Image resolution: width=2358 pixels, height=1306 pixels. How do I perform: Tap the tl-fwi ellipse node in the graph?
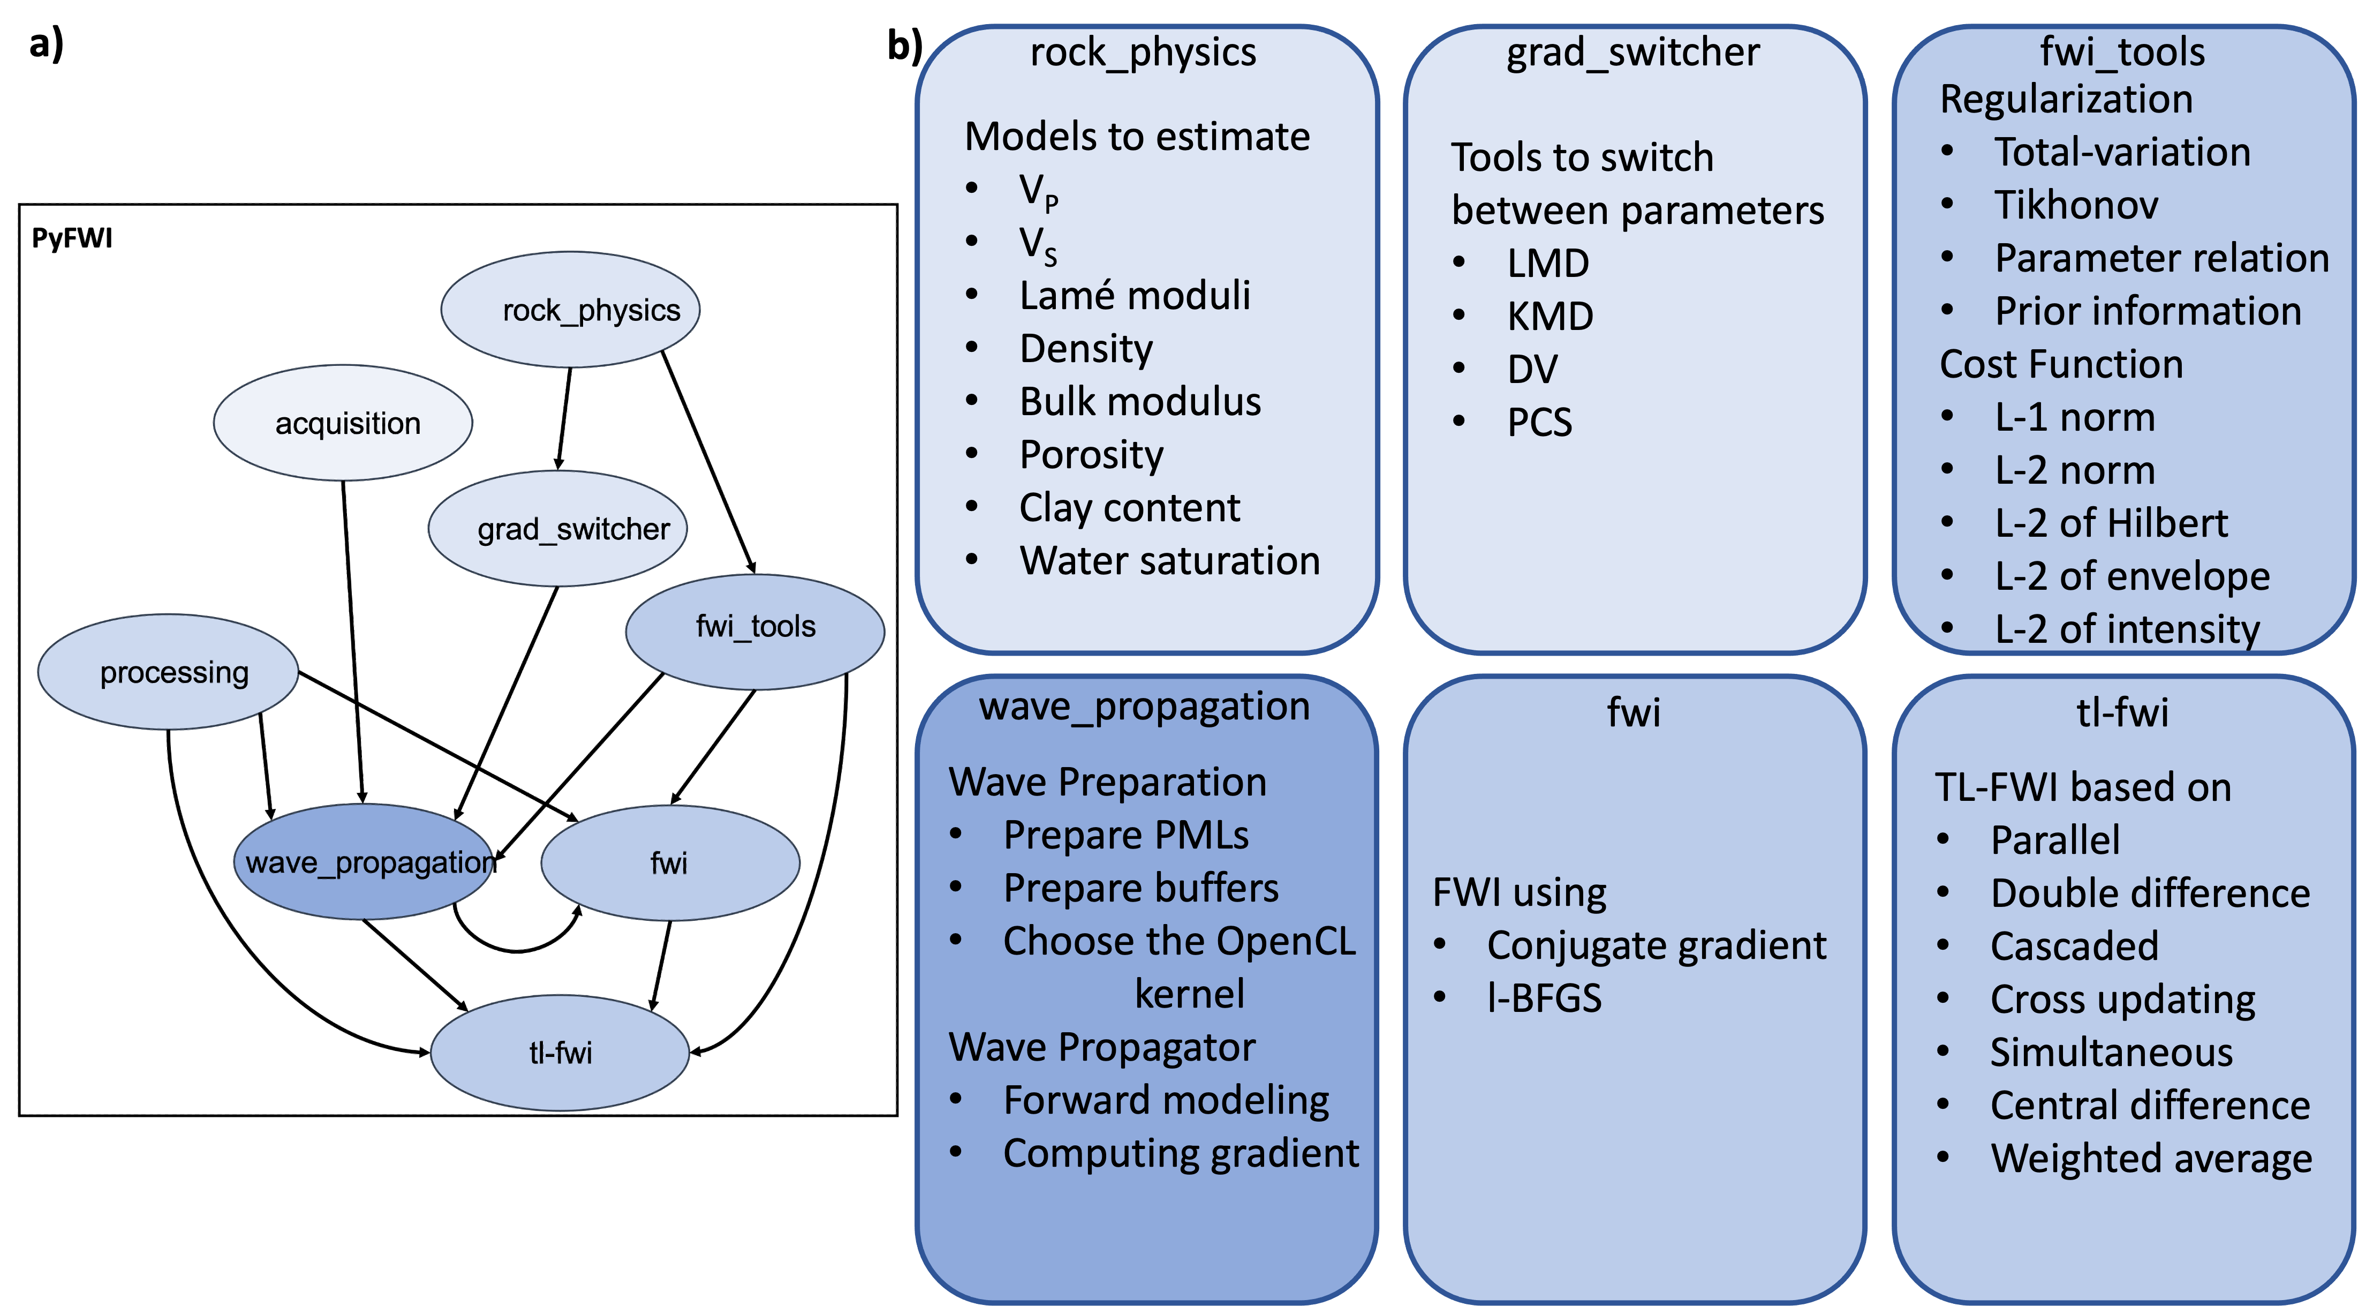560,1052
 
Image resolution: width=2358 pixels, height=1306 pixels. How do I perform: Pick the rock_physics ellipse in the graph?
570,310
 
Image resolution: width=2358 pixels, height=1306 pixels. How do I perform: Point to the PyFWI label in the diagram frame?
72,238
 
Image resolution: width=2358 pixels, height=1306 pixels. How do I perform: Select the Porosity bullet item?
1091,455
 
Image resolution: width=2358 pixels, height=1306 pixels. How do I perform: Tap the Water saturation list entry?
1170,560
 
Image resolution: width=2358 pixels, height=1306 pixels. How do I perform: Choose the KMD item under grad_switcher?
1550,316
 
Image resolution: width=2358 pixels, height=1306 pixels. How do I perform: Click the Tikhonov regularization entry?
2076,204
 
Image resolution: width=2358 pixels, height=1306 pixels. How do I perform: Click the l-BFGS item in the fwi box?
1544,999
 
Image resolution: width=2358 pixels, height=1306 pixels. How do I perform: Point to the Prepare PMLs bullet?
1126,835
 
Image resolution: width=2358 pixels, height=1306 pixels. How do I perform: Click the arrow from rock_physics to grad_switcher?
564,418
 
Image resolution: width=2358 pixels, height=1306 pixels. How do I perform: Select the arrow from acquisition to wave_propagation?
353,642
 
